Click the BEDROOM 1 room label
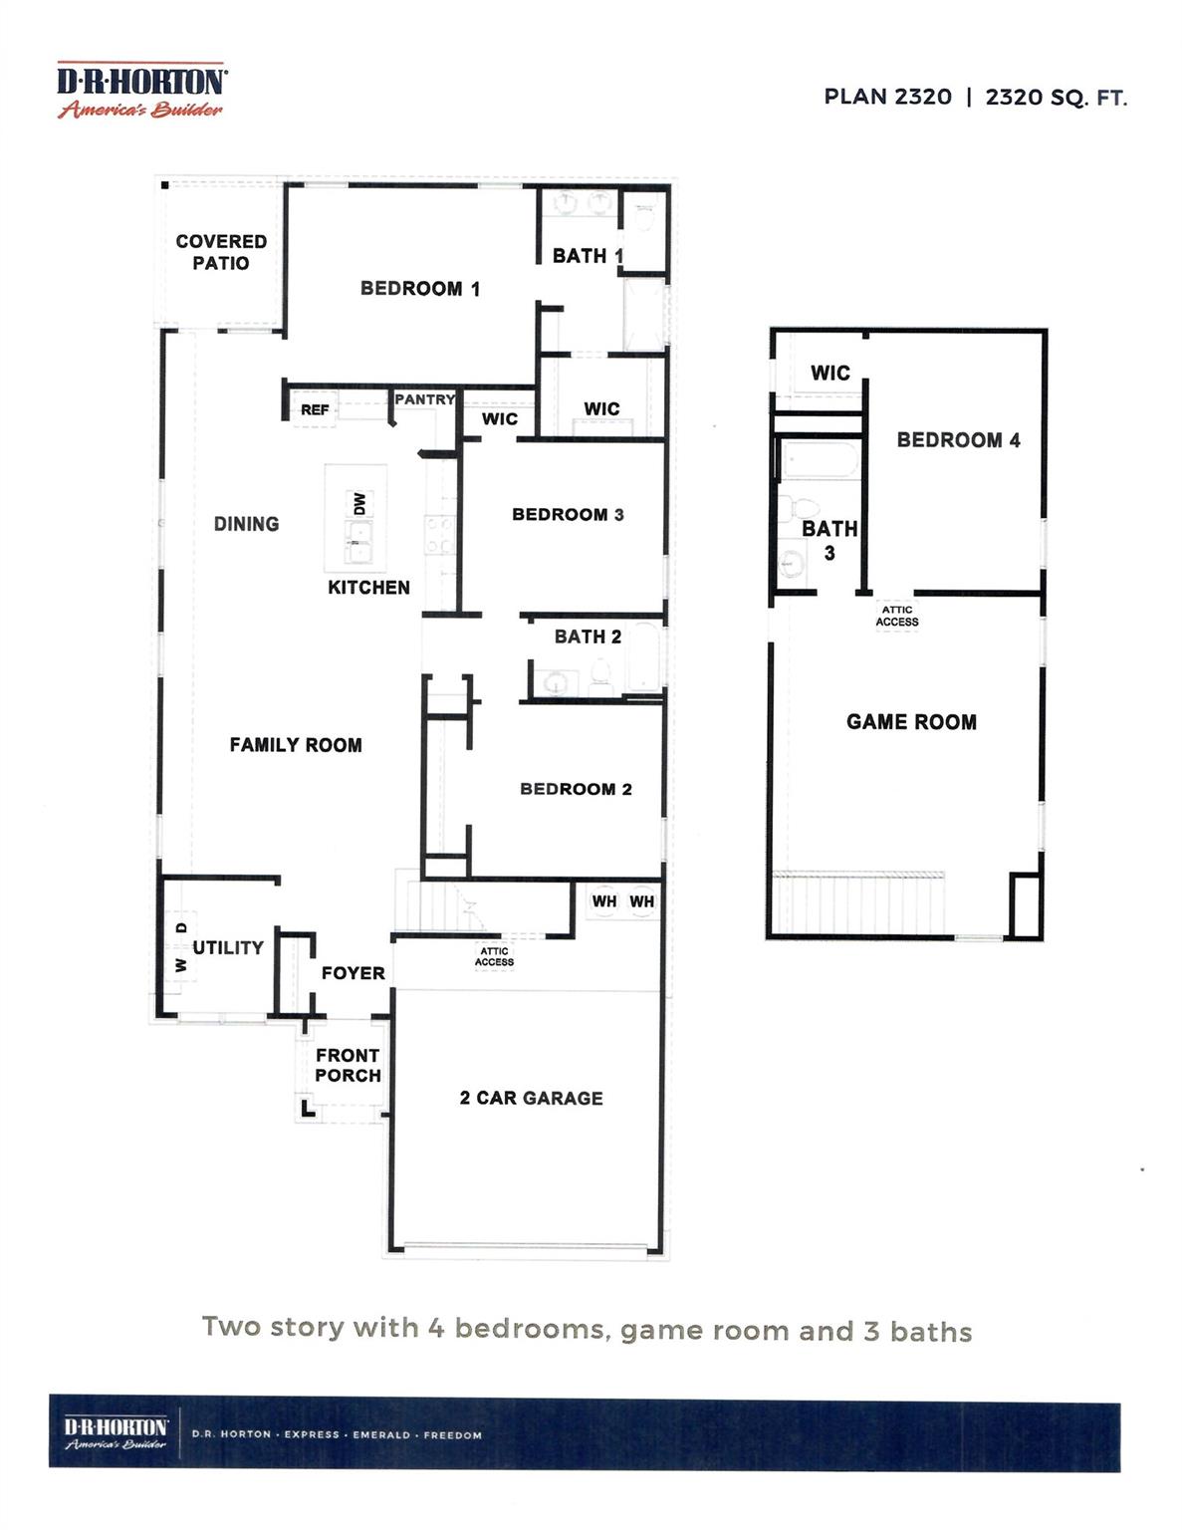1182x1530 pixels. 420,288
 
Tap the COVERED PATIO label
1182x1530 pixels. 221,252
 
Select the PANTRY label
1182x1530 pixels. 424,399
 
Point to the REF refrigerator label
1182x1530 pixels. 315,409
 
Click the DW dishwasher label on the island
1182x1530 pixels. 359,503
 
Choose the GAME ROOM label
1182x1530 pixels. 911,722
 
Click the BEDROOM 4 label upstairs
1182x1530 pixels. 958,440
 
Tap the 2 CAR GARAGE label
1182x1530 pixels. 531,1098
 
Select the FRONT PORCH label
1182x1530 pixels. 348,1065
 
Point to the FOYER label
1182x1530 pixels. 354,973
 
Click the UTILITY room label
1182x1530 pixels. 228,947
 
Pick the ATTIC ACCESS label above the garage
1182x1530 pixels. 494,956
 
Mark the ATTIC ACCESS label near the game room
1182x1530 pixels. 897,616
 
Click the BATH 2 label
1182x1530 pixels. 588,637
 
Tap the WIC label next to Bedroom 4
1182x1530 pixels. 830,373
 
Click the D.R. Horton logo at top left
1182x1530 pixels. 140,90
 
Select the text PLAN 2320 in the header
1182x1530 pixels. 888,97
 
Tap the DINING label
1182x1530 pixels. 246,524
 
